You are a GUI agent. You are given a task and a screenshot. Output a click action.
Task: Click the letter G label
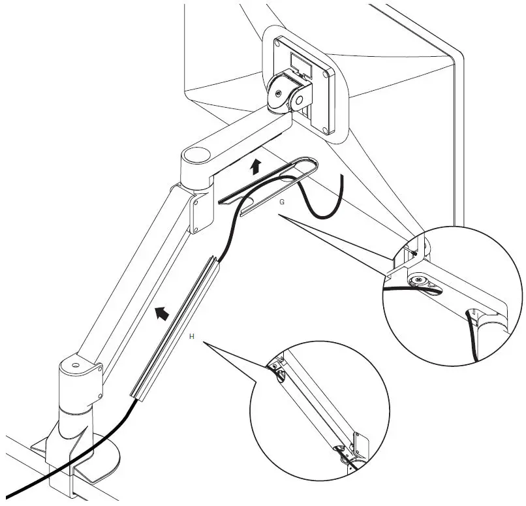point(281,202)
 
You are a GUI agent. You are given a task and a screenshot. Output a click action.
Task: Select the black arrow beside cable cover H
point(161,313)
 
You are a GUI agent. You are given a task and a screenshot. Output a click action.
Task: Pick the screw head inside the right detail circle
point(417,281)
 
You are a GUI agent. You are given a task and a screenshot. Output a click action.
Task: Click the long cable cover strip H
point(173,326)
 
